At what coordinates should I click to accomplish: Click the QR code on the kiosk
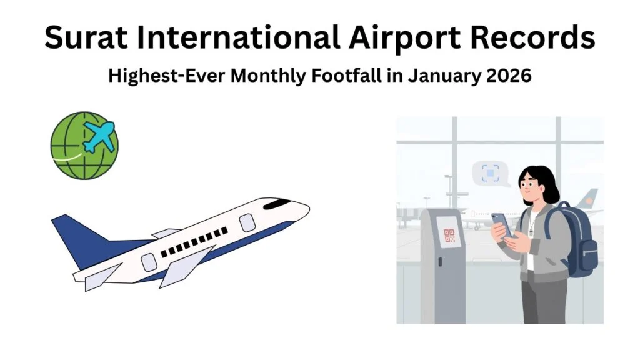[449, 236]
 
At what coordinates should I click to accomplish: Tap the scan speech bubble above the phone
[489, 172]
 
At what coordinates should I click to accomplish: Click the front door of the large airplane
[247, 222]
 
